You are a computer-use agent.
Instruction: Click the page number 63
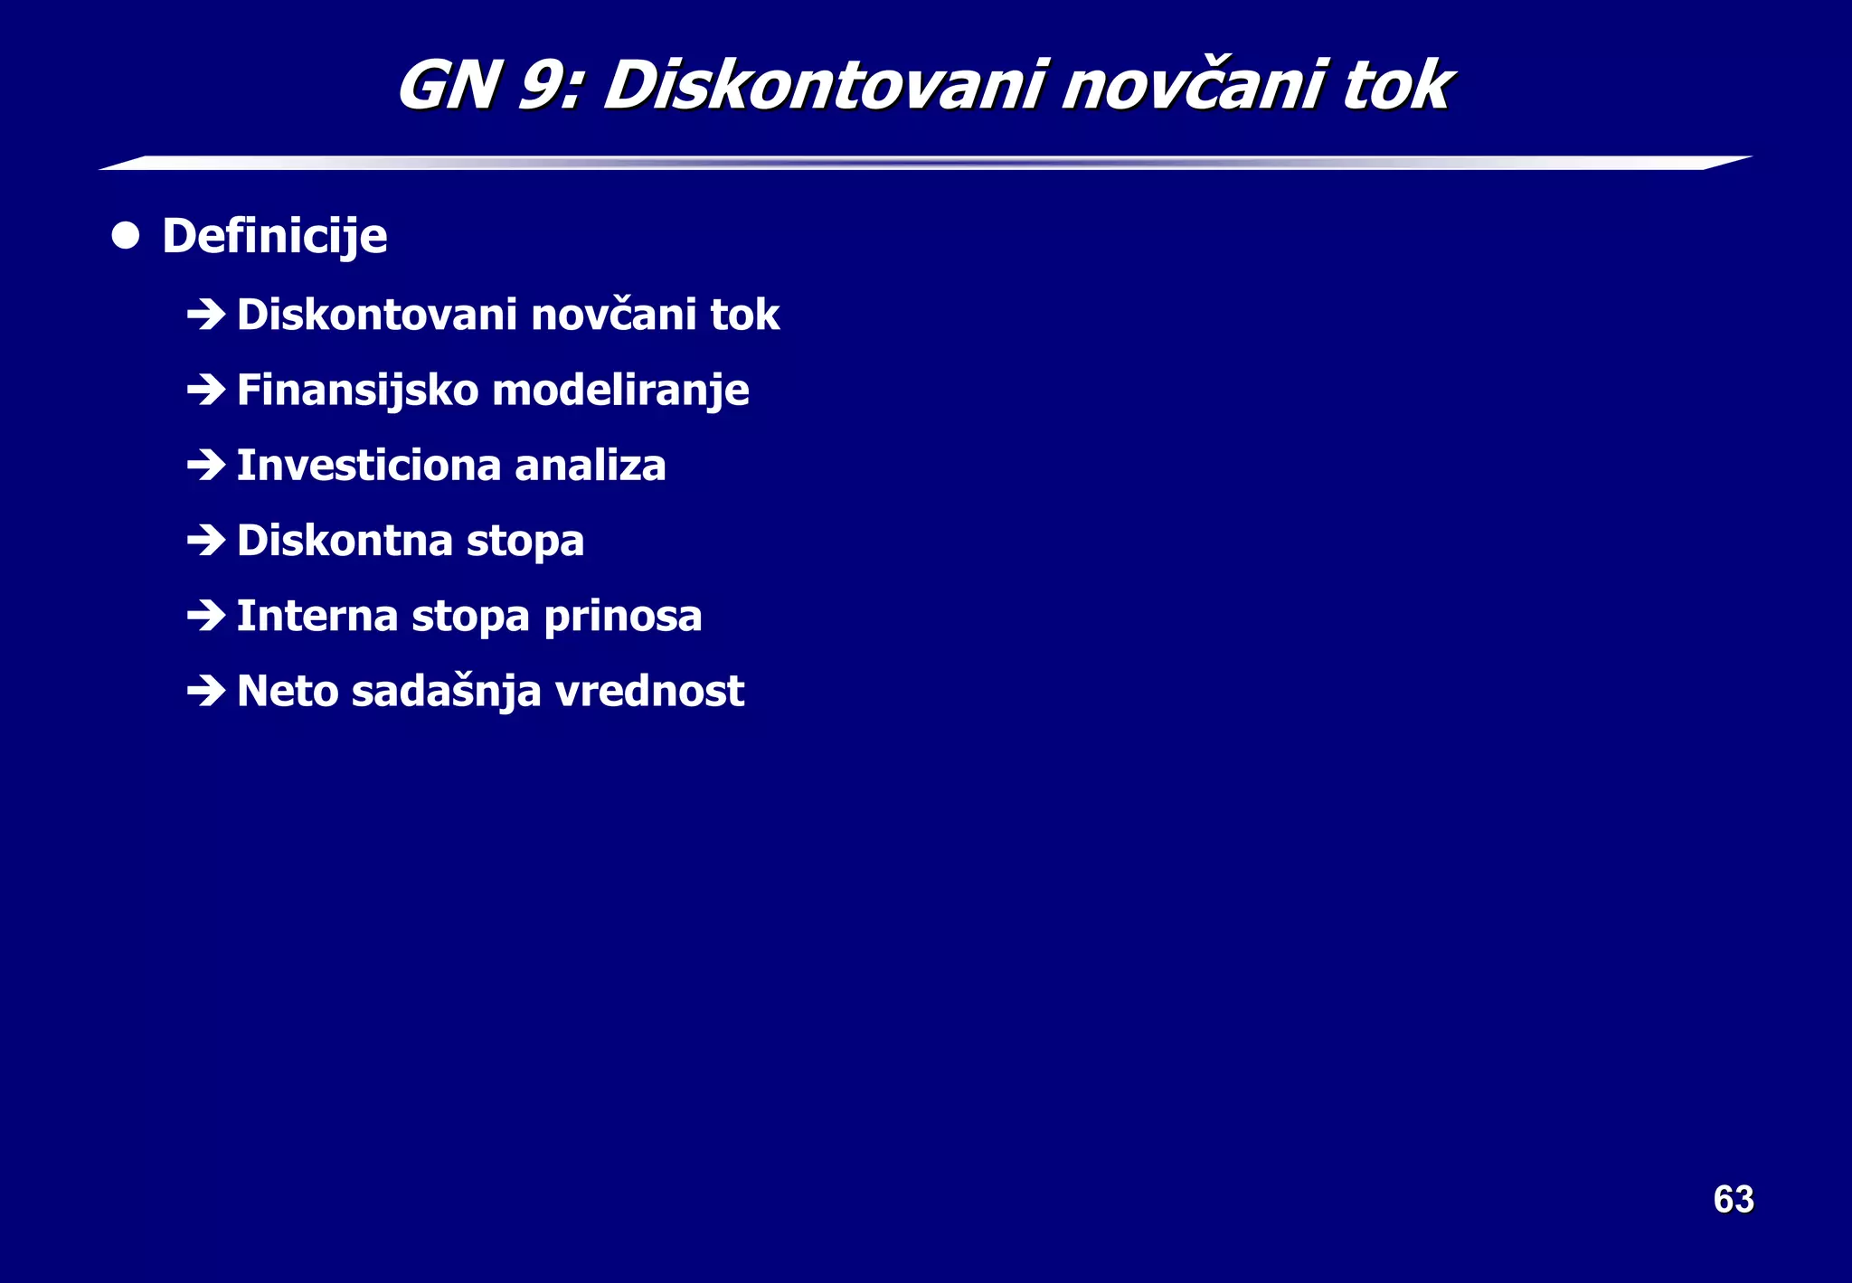pyautogui.click(x=1733, y=1199)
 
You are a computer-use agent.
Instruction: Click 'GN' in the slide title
pyautogui.click(x=449, y=86)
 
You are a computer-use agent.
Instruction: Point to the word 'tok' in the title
pyautogui.click(x=1396, y=86)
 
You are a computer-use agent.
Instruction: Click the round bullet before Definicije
pyautogui.click(x=126, y=236)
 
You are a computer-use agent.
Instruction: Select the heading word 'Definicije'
pyautogui.click(x=275, y=237)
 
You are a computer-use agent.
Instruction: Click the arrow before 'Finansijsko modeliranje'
pyautogui.click(x=206, y=390)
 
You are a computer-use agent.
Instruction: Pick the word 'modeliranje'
pyautogui.click(x=620, y=391)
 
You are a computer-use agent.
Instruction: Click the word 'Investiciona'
pyautogui.click(x=368, y=466)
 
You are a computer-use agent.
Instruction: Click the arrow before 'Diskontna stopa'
pyautogui.click(x=206, y=541)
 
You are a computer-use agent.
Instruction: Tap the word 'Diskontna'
pyautogui.click(x=345, y=541)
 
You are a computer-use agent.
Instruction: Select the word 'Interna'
pyautogui.click(x=317, y=616)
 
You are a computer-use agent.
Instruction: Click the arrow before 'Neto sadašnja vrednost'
pyautogui.click(x=206, y=692)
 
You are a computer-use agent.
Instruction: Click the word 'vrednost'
pyautogui.click(x=649, y=692)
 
